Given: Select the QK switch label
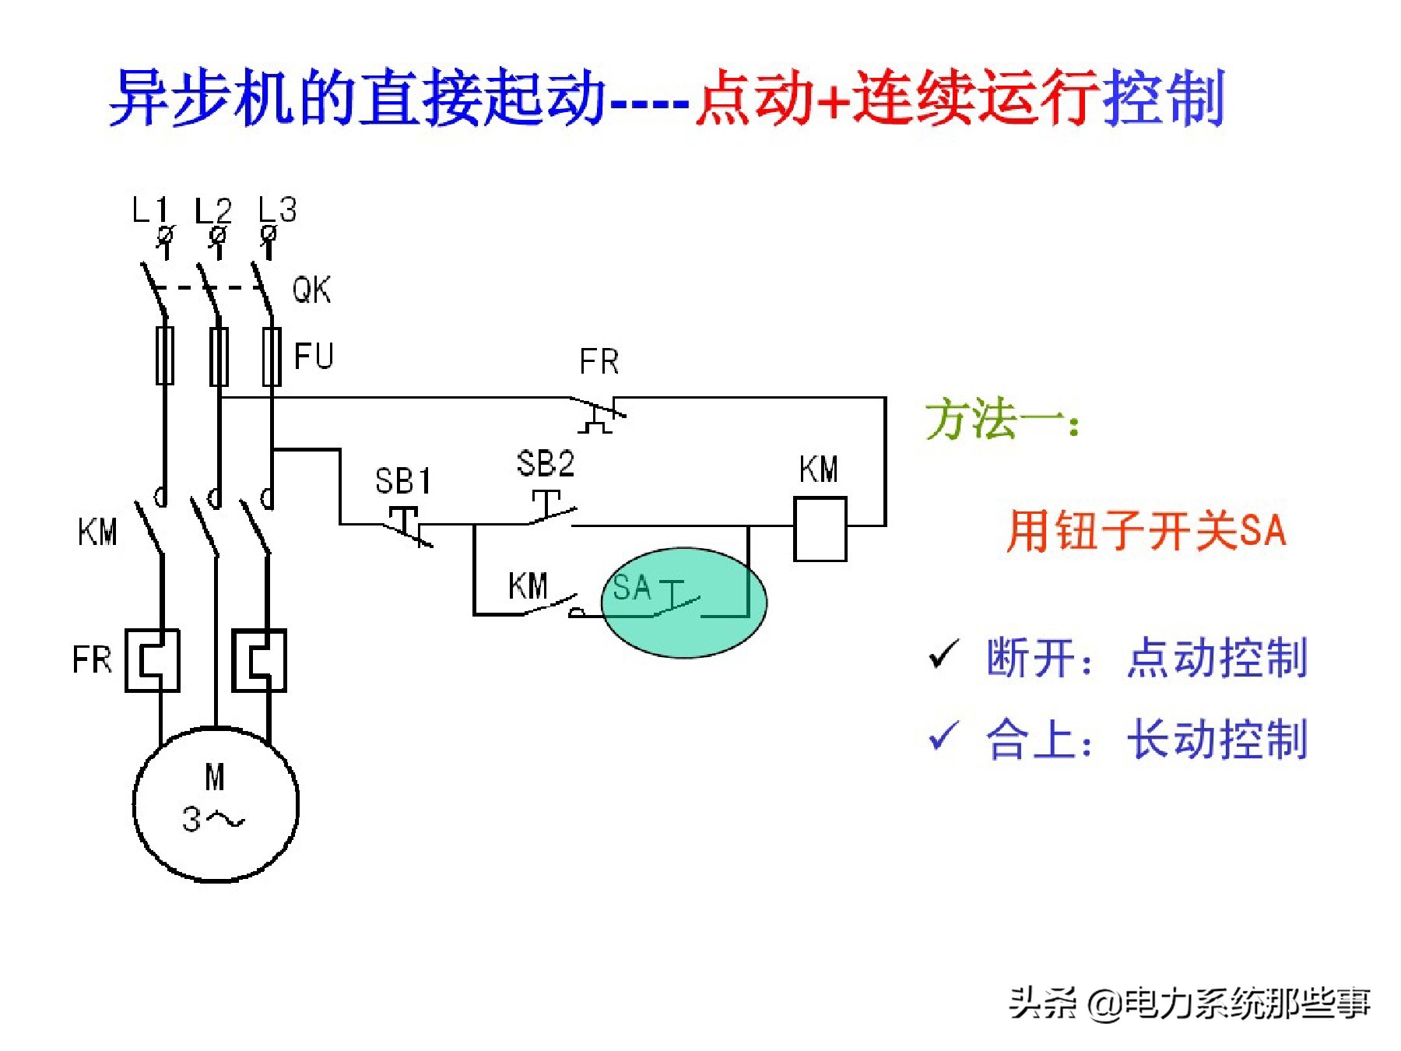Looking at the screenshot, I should click(x=311, y=290).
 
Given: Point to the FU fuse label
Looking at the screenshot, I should click(x=314, y=357).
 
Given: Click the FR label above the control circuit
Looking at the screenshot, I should click(x=599, y=362).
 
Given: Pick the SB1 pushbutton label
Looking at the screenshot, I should click(x=402, y=481).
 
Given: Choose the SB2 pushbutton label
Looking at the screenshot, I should click(x=546, y=464).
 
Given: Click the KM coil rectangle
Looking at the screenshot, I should click(x=820, y=529).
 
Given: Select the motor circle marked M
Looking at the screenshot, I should click(x=216, y=803).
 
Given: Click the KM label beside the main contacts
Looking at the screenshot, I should click(x=97, y=533).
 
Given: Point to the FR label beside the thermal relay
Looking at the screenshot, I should click(x=92, y=660).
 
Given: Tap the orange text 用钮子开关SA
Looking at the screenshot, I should click(x=1146, y=531).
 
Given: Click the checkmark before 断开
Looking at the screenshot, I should click(x=943, y=656).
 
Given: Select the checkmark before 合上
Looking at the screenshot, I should click(x=943, y=736).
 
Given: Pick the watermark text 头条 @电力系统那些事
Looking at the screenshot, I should click(x=1189, y=1003).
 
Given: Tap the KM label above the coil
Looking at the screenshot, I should click(x=818, y=469).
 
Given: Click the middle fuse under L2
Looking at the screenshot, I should click(x=219, y=357).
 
